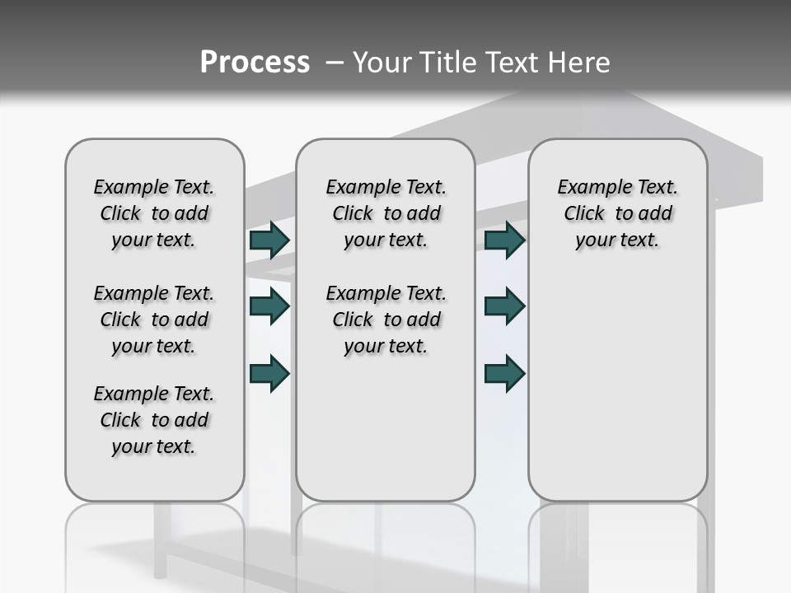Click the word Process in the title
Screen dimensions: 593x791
pos(255,63)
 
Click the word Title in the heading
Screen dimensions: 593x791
pos(446,63)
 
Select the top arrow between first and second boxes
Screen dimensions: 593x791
pos(269,240)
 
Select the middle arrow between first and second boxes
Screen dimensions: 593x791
pos(269,306)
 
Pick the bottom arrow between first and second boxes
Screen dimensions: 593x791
pos(269,373)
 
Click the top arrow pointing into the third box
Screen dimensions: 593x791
pos(504,240)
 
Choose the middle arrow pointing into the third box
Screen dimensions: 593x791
pos(504,306)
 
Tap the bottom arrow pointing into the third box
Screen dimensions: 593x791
pos(504,373)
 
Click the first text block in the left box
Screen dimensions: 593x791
pos(154,213)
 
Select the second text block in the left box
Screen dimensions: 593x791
pos(154,320)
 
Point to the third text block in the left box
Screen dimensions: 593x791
pos(154,420)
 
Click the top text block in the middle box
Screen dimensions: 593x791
pos(386,213)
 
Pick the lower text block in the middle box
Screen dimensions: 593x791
pos(386,320)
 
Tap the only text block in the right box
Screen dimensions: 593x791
pos(617,213)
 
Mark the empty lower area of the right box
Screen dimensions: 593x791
pos(617,387)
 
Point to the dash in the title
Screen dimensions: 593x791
pos(335,63)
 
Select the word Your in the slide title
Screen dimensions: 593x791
pos(381,63)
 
